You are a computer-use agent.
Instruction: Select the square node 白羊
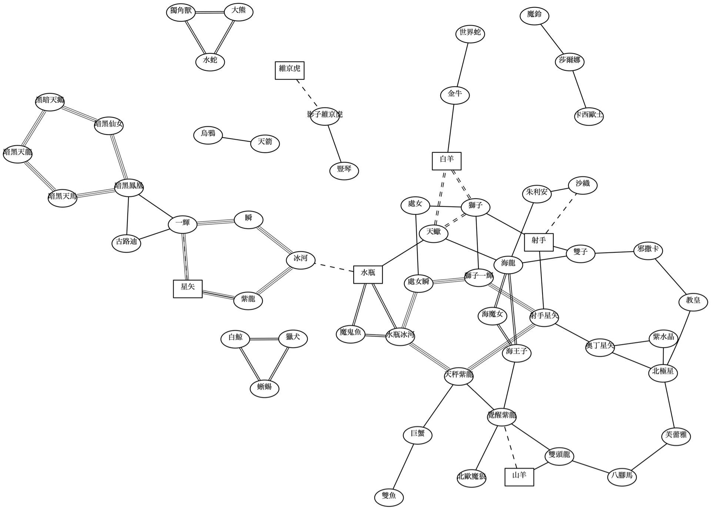447,161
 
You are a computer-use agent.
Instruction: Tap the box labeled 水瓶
368,274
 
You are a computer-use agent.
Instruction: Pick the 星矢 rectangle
188,289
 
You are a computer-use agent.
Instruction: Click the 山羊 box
519,477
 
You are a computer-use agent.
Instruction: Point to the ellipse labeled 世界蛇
470,33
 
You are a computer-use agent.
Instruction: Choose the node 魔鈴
534,16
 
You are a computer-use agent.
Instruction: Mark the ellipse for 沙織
583,185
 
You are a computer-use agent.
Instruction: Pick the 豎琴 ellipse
344,170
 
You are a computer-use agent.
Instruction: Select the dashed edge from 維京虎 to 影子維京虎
307,93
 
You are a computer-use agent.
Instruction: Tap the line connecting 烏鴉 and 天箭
237,140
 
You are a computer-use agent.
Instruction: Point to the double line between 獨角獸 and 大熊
210,12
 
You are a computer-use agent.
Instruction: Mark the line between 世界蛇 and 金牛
463,64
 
